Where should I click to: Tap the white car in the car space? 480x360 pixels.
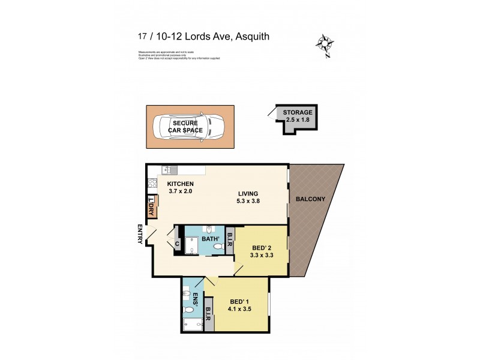[x=188, y=126]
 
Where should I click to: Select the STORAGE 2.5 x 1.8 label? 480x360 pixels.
[x=298, y=115]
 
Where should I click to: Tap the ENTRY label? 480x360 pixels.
[x=140, y=233]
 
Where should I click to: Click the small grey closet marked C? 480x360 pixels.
[x=178, y=244]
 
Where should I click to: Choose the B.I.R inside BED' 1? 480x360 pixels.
[x=208, y=313]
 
